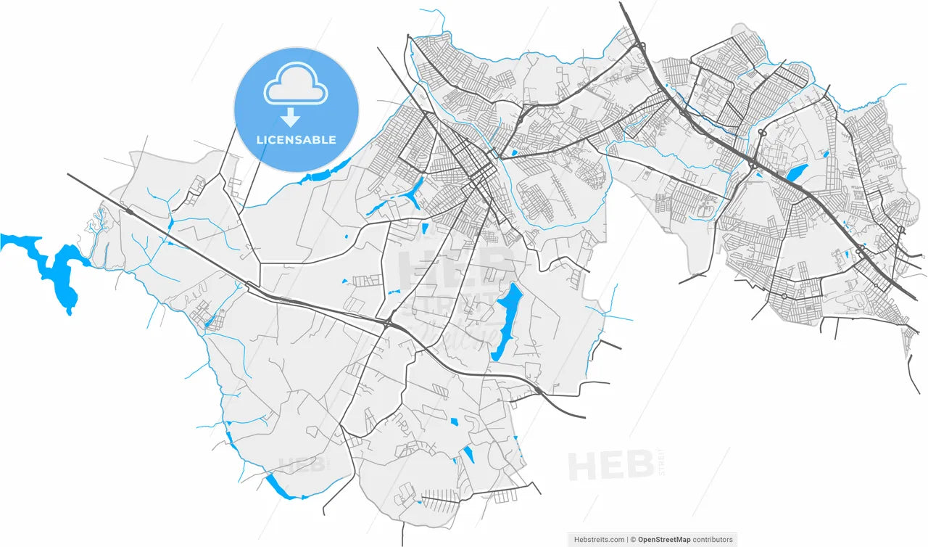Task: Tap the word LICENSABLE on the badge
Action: (x=297, y=139)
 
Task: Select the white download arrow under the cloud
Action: (x=291, y=116)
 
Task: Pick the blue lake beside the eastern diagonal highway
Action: (x=795, y=173)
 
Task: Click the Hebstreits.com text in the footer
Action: (x=599, y=540)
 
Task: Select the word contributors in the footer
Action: (x=713, y=540)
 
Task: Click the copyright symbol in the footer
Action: (x=633, y=540)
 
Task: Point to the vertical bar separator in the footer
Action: (x=627, y=540)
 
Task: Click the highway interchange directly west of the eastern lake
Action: (x=755, y=165)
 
